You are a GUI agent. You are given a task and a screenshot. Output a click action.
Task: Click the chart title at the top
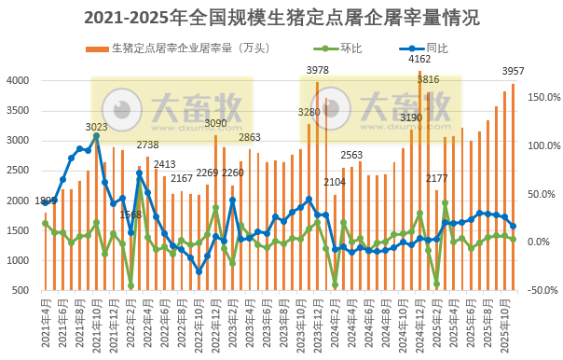tap(281, 17)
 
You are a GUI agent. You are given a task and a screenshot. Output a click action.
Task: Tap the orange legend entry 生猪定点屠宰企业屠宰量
tap(177, 47)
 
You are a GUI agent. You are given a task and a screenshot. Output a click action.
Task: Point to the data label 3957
tap(514, 71)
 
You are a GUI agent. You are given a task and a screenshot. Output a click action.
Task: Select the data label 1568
tap(130, 215)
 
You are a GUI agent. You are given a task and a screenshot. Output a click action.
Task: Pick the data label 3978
tap(318, 70)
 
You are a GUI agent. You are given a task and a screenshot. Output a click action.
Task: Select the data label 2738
tap(147, 145)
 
